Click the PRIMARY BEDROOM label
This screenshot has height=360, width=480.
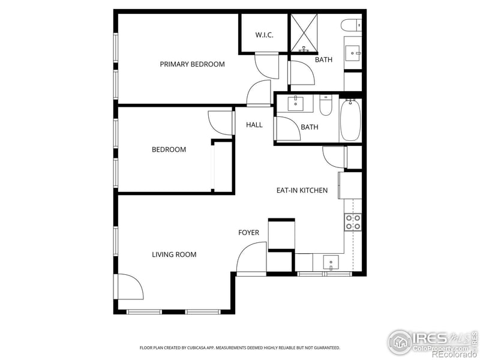192,64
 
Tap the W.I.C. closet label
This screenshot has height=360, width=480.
264,35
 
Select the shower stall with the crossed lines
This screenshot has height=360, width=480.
304,32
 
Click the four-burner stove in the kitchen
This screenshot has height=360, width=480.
353,222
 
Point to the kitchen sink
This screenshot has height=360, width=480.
331,262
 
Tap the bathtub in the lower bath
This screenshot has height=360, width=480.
350,121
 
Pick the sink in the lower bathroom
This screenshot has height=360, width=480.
297,104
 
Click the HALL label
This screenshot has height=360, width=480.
254,125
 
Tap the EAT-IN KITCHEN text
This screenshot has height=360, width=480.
302,190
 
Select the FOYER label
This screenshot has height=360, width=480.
248,233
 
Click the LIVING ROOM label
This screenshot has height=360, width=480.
174,254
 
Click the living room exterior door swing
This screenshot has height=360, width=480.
130,287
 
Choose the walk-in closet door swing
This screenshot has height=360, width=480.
267,65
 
